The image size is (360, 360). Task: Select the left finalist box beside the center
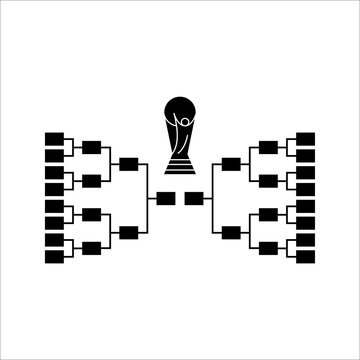tap(166, 197)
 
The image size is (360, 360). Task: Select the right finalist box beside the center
tap(194, 197)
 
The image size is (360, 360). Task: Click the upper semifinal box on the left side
tap(128, 163)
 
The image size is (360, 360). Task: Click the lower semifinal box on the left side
tap(128, 231)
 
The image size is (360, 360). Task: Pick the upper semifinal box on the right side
tap(232, 163)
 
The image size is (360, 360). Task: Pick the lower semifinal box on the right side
tap(232, 231)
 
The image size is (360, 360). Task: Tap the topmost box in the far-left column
tap(54, 138)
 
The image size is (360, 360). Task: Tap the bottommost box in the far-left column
tap(54, 257)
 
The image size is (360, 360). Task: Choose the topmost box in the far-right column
tap(306, 138)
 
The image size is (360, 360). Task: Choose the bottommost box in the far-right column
tap(306, 257)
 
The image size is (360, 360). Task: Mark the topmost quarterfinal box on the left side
tap(91, 147)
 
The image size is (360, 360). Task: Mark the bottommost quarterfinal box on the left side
tap(91, 248)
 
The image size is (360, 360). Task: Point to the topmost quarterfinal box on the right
tap(268, 147)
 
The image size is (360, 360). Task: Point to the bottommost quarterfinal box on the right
tap(268, 248)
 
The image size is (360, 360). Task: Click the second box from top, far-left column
tap(54, 155)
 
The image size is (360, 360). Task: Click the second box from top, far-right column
tap(306, 155)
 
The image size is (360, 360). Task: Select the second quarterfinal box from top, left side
tap(91, 180)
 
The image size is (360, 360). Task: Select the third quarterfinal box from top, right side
tap(268, 214)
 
